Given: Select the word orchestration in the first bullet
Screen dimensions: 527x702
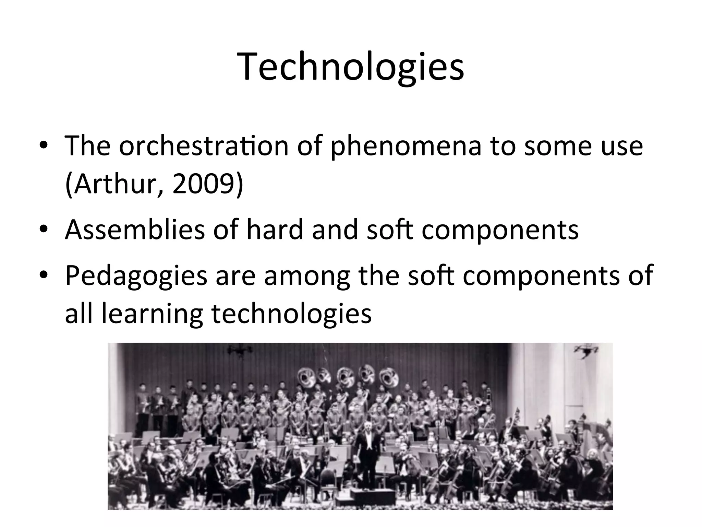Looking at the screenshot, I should [x=204, y=146].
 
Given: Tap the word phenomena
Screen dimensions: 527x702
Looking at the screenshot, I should [x=406, y=146].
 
